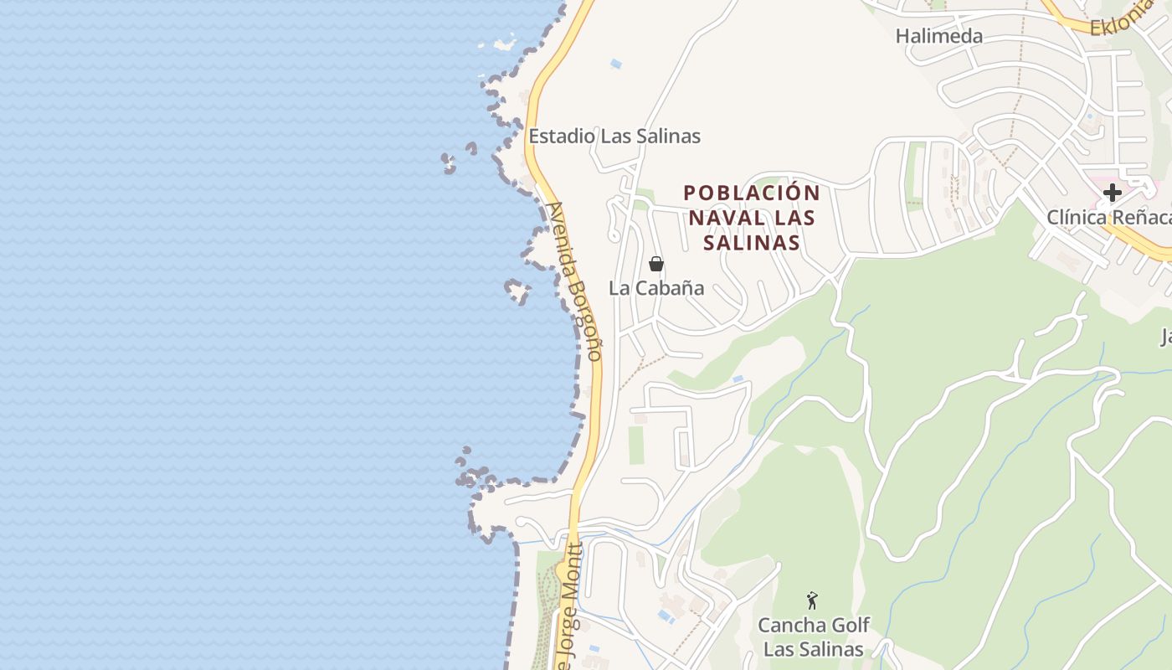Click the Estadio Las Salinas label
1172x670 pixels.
click(614, 136)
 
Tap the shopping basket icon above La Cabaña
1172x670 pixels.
click(656, 265)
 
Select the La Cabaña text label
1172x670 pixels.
click(656, 288)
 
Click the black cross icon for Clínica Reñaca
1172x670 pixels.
click(1112, 193)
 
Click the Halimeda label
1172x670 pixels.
click(938, 36)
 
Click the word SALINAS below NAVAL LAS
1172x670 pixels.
click(752, 243)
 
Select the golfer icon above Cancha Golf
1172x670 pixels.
click(811, 600)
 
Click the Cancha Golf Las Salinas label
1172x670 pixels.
click(813, 637)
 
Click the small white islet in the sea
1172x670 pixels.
click(505, 43)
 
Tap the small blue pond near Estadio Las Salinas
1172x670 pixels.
click(616, 64)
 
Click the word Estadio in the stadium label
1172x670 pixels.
click(562, 136)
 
